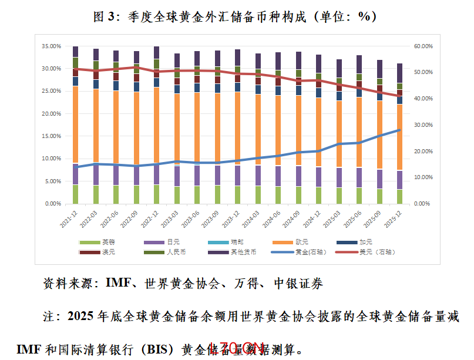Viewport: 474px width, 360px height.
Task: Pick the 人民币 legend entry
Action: [x=176, y=252]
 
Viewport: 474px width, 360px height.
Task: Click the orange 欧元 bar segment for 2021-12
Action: [x=75, y=123]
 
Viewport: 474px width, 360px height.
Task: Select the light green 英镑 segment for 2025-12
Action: [x=399, y=196]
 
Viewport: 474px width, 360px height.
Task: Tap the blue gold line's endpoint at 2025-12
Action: [x=399, y=130]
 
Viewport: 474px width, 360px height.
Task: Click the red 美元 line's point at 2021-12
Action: [x=75, y=69]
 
